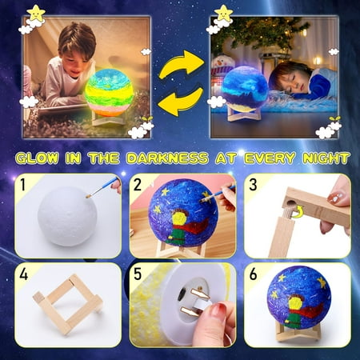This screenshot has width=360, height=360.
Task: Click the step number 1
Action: click(x=23, y=185)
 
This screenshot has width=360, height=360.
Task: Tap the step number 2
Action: click(x=138, y=185)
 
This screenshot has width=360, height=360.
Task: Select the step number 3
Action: click(x=253, y=185)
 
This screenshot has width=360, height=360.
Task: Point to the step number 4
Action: click(x=23, y=274)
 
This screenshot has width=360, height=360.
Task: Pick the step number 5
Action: click(x=138, y=274)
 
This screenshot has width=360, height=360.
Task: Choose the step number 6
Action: click(x=253, y=274)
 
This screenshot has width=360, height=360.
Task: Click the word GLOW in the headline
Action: click(x=37, y=158)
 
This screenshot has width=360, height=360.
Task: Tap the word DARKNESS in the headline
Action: click(x=167, y=158)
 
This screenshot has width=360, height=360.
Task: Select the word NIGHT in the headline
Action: click(x=326, y=158)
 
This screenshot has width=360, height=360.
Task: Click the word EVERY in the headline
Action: click(x=270, y=158)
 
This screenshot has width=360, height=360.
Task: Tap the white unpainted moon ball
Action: click(x=66, y=216)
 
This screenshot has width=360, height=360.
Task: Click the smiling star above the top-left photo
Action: click(x=37, y=14)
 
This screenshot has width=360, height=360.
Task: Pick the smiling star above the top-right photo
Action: click(x=223, y=13)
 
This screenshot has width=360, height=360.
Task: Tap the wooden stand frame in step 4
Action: click(x=68, y=304)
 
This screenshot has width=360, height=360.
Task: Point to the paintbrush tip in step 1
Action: click(x=88, y=197)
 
